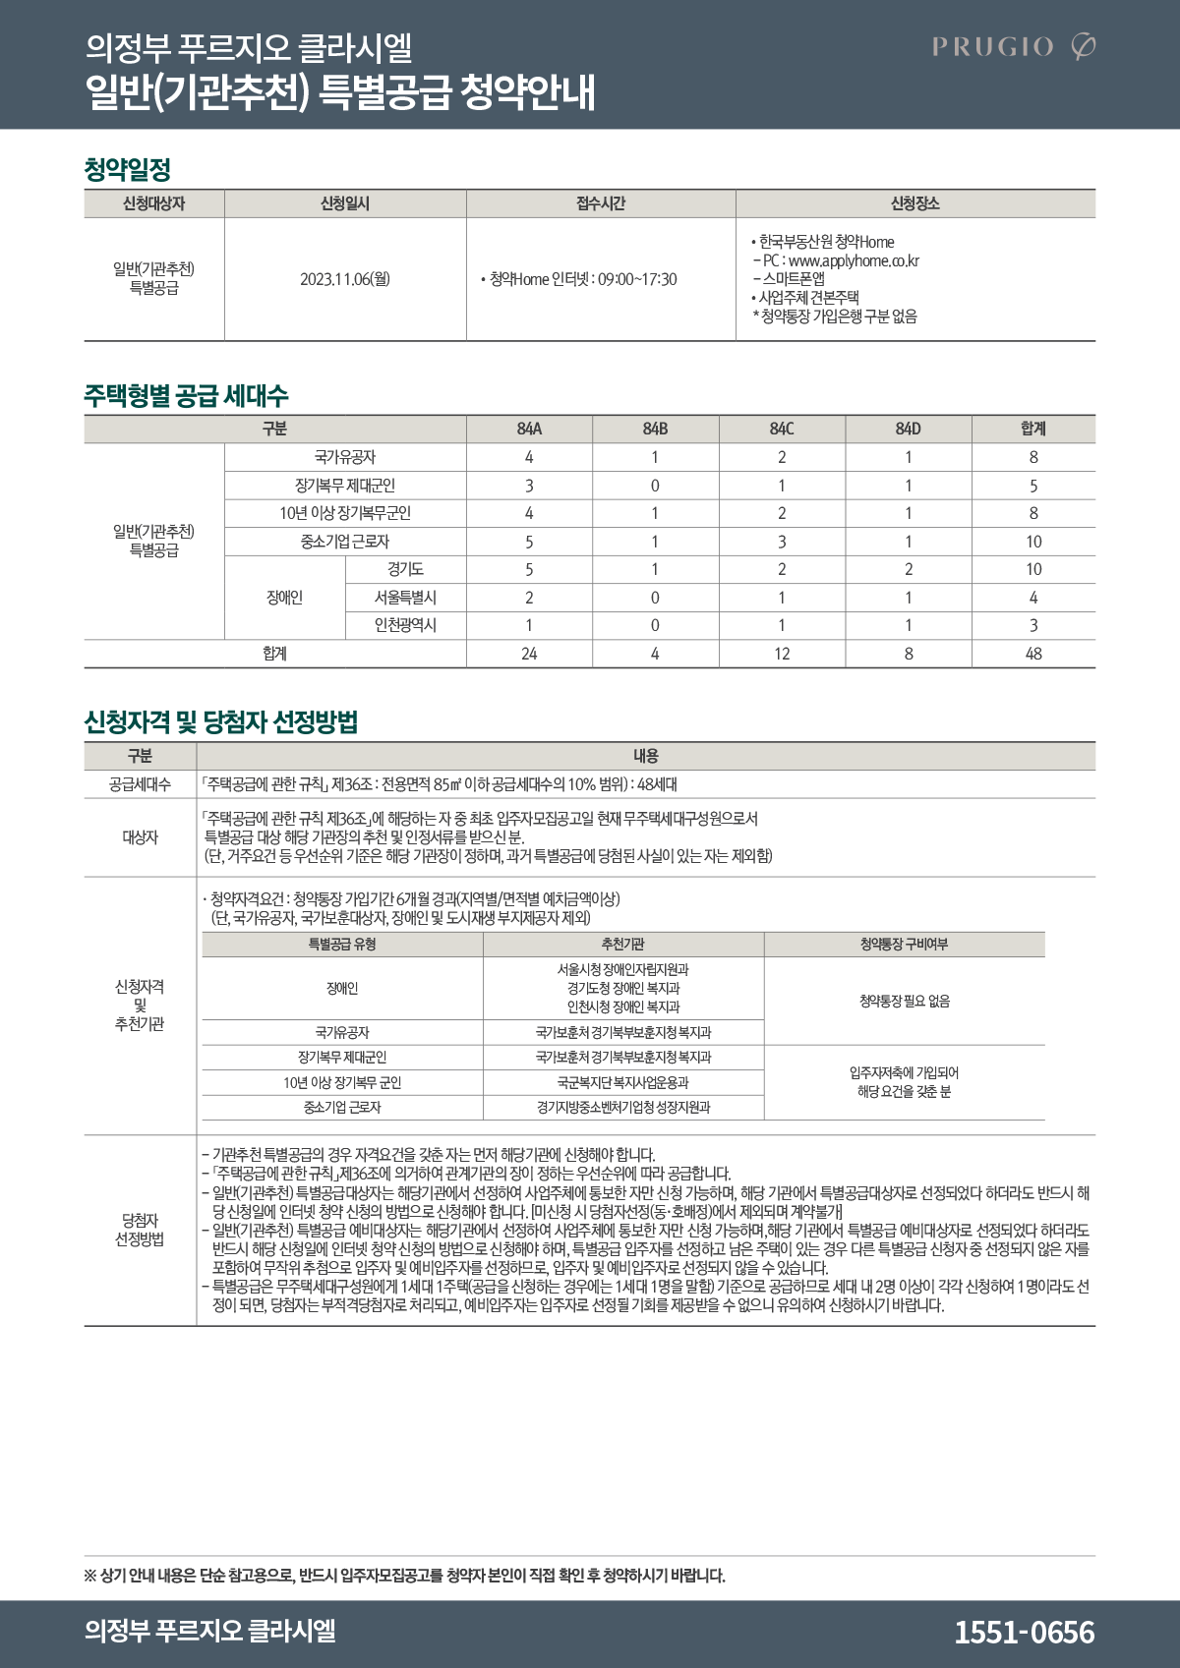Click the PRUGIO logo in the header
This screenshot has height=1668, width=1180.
(1013, 46)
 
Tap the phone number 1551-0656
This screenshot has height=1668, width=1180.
(1024, 1632)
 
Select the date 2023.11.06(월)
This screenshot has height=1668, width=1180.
(345, 279)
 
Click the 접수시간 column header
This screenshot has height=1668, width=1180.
(601, 203)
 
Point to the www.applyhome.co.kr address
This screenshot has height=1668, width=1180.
(854, 260)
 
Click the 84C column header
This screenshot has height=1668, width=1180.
(782, 429)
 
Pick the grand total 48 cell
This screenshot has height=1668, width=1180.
(1033, 654)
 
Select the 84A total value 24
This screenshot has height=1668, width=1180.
(529, 654)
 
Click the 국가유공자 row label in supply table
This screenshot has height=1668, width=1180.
(345, 457)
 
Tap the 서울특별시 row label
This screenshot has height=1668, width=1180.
(405, 598)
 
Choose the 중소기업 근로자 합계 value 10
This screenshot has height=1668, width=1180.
(1033, 542)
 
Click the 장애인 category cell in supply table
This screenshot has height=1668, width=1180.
(285, 598)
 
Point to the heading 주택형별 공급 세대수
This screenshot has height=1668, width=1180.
(186, 395)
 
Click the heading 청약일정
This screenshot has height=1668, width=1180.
(128, 169)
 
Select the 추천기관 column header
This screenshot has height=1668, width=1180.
(622, 944)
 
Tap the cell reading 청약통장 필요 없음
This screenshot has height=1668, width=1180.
(905, 1001)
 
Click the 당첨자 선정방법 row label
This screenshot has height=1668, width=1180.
(140, 1230)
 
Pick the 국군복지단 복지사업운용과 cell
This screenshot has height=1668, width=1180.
(622, 1082)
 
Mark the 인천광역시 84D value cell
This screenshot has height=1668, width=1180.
(909, 625)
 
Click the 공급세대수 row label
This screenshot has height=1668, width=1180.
(140, 784)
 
